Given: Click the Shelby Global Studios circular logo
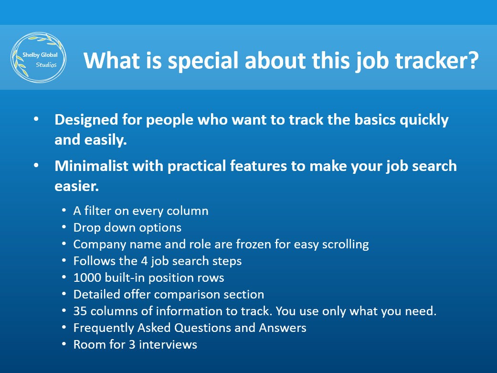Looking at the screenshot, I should (38, 57).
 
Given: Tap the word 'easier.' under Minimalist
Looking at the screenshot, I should (76, 186).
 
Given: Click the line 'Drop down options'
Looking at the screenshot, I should (127, 227).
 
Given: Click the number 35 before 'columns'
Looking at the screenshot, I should (80, 311).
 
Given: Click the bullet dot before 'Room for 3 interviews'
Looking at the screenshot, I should (64, 344).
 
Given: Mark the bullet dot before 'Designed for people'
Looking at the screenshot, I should (37, 119).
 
